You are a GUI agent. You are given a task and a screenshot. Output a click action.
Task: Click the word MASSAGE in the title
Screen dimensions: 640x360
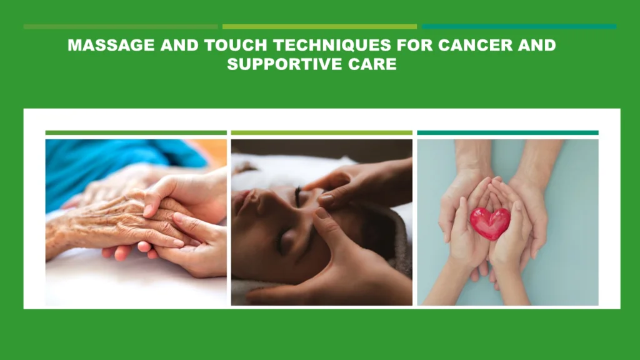coord(111,45)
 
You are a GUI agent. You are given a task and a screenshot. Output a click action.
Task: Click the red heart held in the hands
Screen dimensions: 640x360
coord(490,223)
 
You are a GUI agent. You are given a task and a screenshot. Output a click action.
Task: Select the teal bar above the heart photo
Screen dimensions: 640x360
coord(507,132)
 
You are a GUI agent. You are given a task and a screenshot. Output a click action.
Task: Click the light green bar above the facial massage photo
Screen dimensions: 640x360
coord(322,132)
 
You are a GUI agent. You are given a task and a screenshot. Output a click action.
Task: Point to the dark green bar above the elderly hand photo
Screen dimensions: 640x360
coord(136,132)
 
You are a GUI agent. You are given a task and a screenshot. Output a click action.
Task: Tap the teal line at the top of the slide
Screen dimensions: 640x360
coord(519,26)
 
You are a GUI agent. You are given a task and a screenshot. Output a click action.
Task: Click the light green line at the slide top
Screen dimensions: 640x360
coord(319,26)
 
